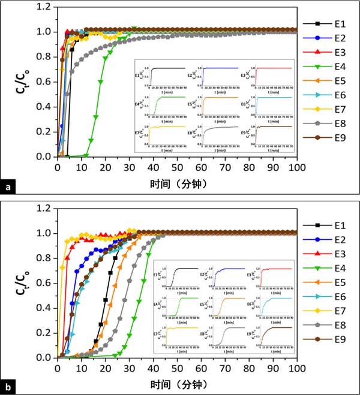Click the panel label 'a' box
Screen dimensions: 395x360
(7, 188)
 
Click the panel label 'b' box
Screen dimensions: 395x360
(7, 388)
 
